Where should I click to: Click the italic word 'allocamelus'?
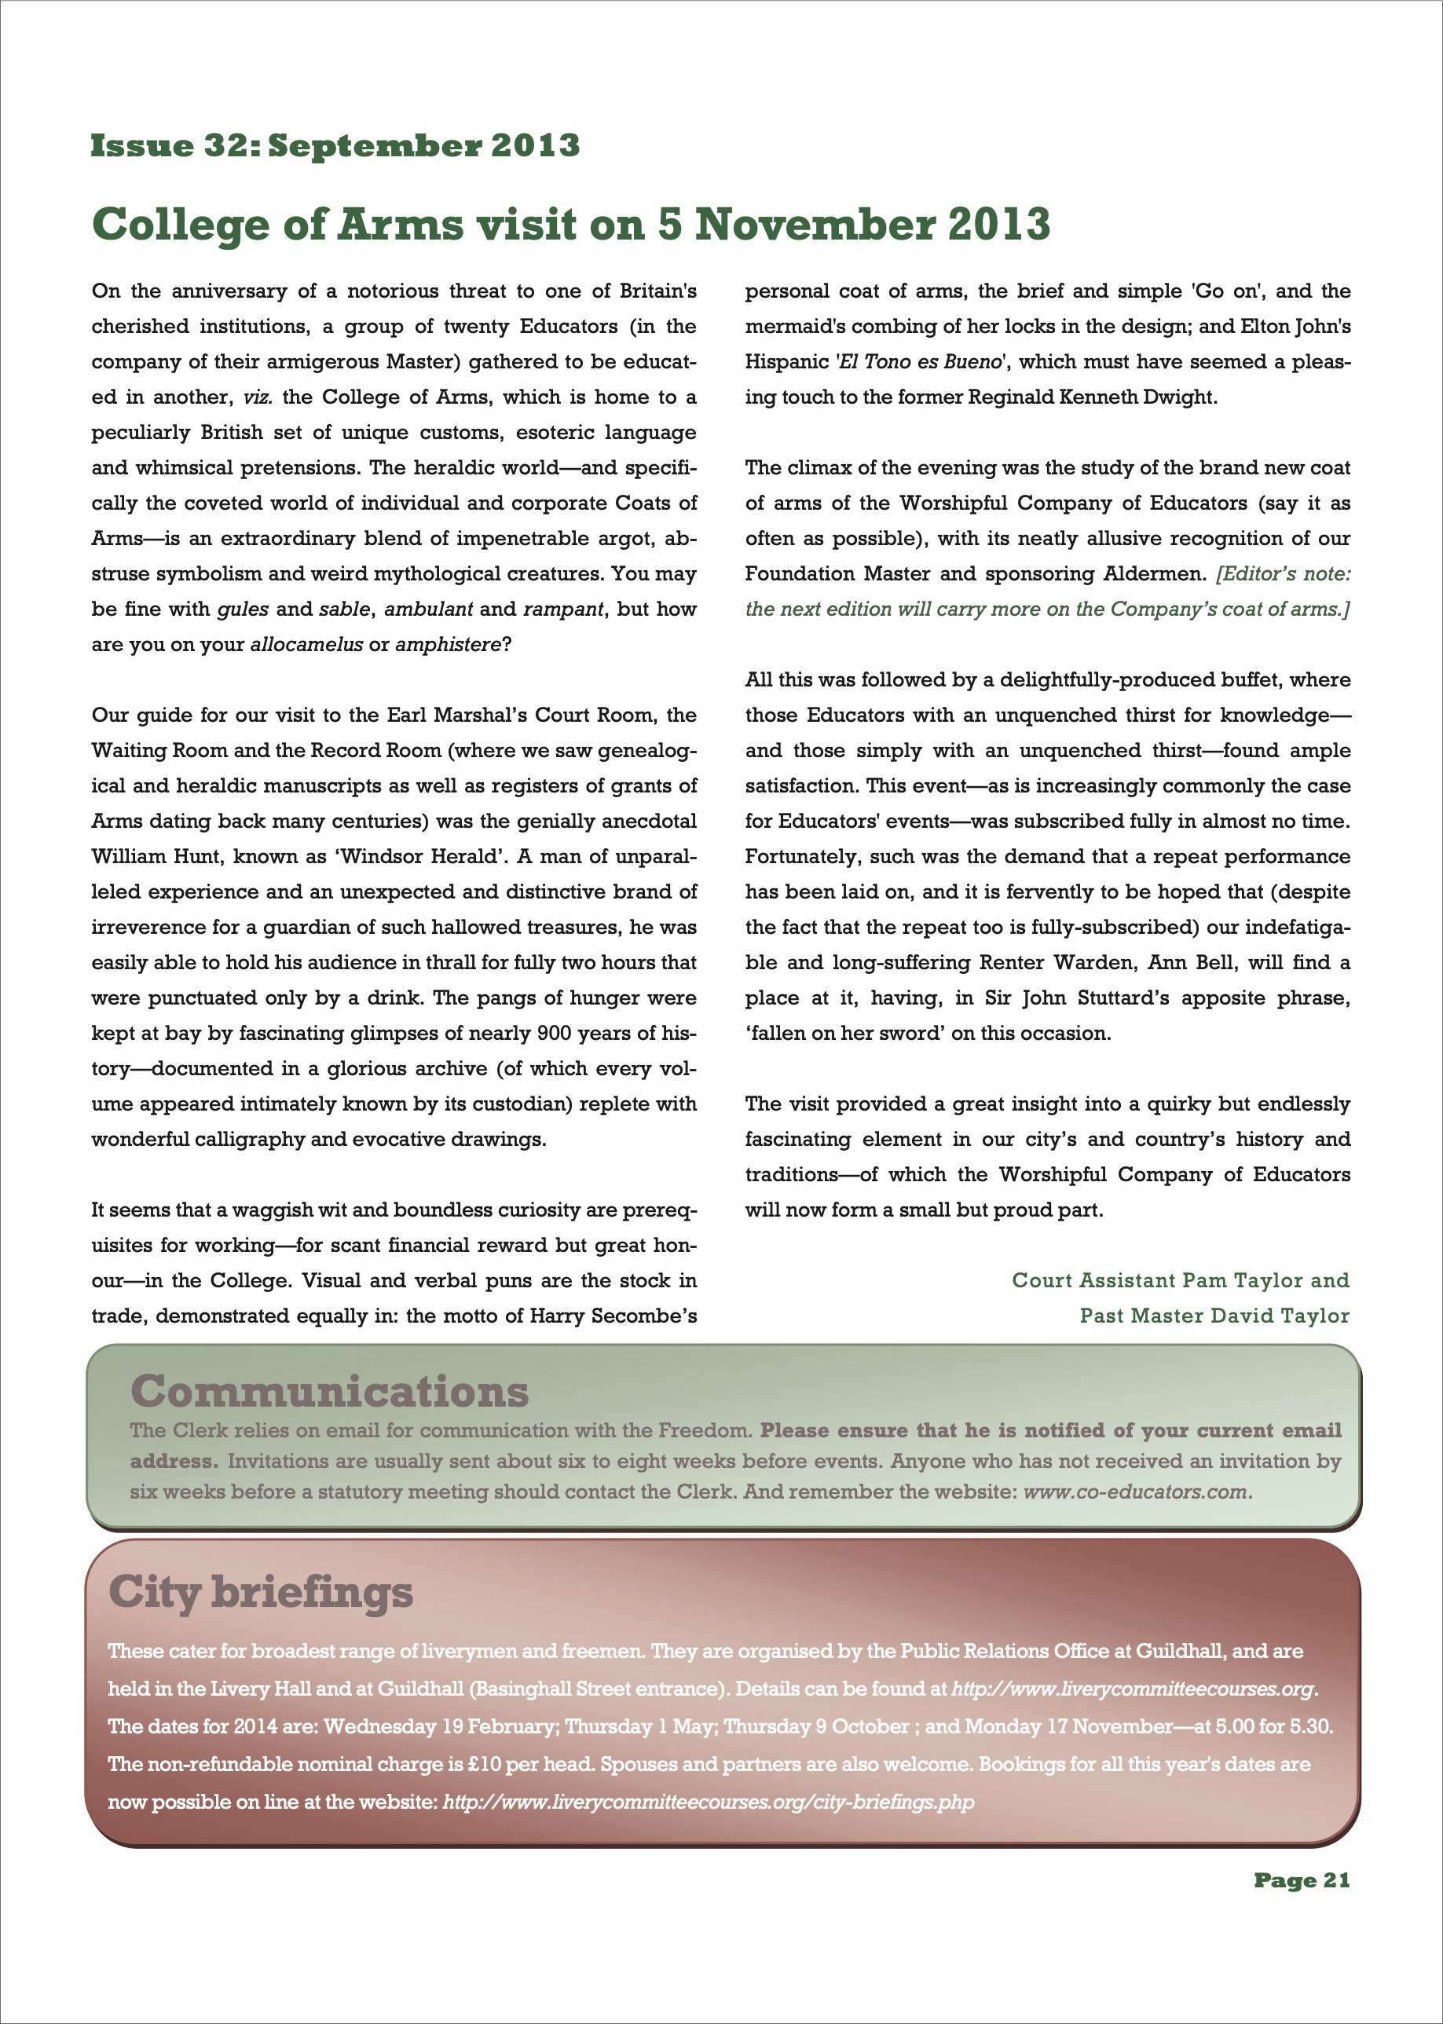click(306, 644)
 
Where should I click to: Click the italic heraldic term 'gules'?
click(243, 609)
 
